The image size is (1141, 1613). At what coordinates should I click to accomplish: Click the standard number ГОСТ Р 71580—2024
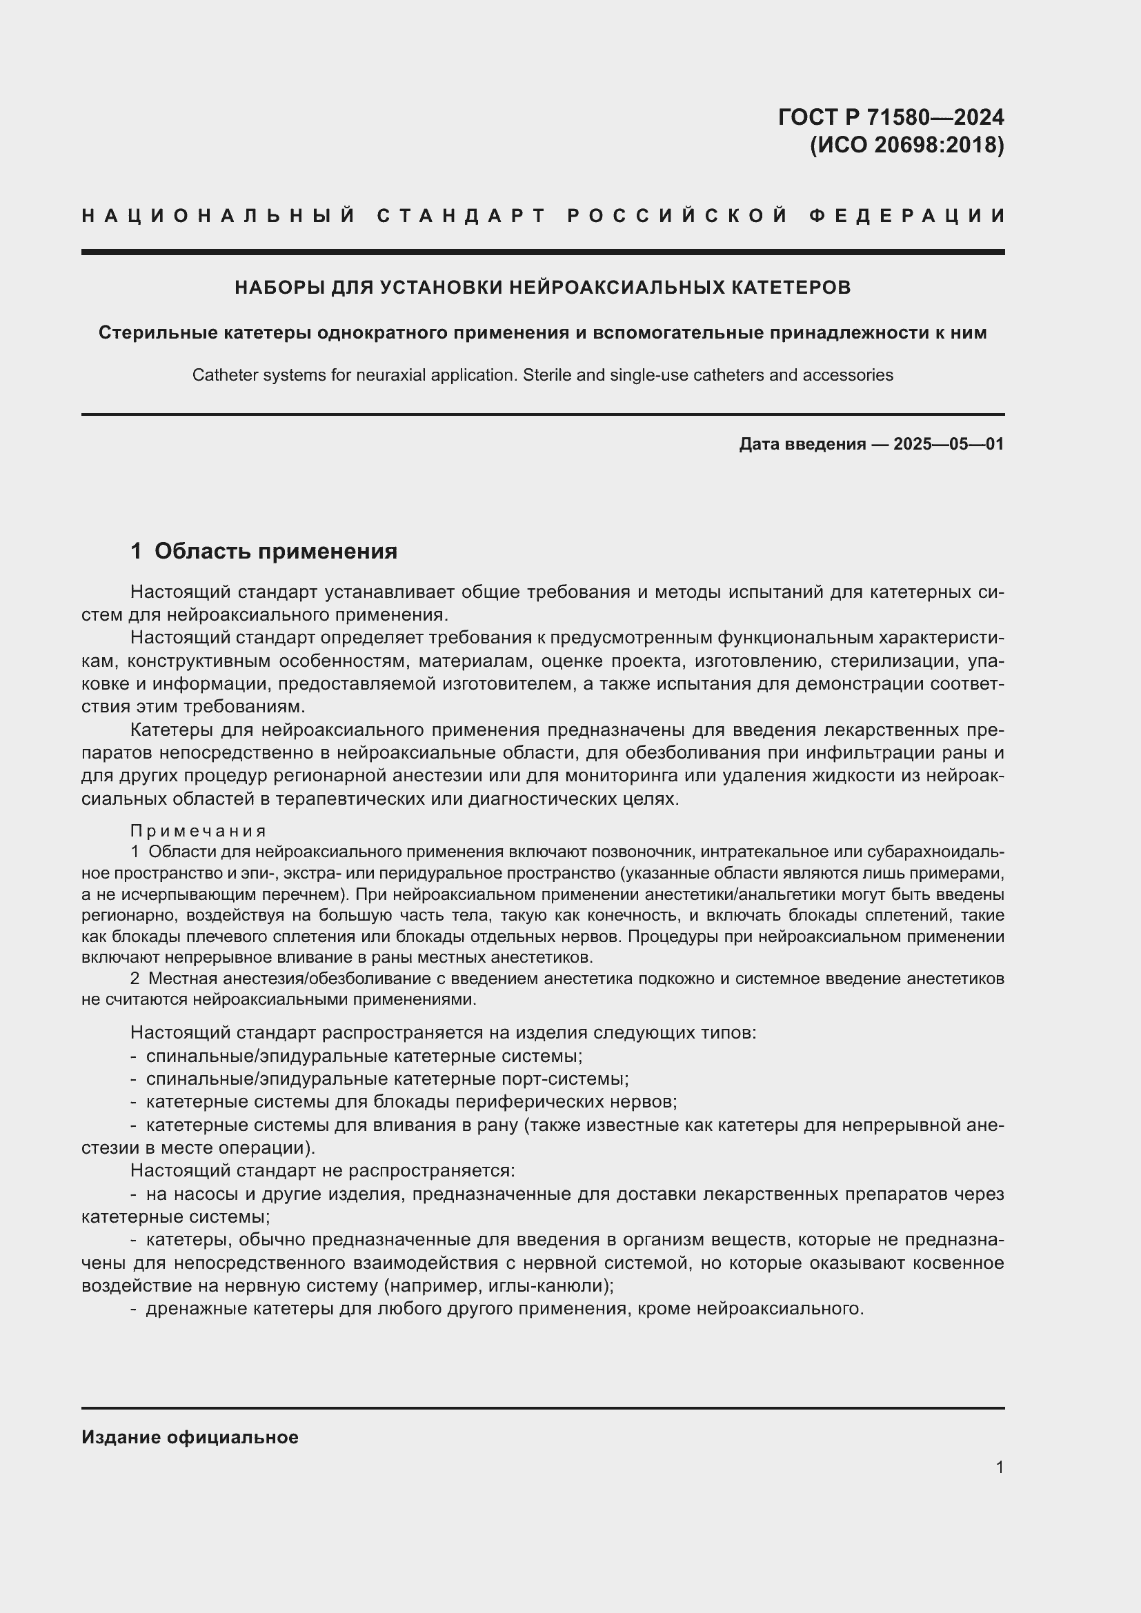[x=891, y=117]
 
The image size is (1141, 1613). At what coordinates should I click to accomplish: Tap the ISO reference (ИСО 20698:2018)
[x=907, y=145]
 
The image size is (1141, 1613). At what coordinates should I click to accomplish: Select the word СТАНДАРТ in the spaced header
[x=462, y=216]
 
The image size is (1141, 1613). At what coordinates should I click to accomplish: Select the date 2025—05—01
[x=949, y=444]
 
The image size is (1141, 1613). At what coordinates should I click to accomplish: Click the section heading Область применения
[x=275, y=551]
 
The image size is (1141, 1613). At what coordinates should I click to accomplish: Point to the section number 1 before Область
[x=137, y=551]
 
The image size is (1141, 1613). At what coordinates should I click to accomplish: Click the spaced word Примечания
[x=199, y=831]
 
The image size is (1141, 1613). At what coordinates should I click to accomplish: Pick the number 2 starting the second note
[x=135, y=979]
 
